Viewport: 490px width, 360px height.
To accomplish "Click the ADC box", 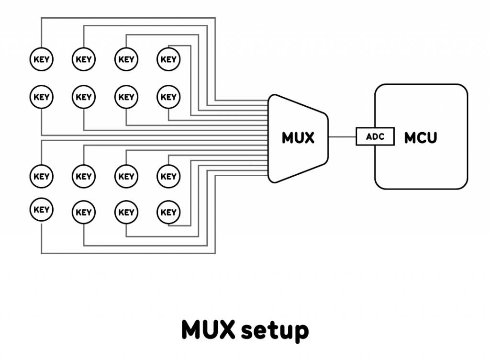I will (375, 137).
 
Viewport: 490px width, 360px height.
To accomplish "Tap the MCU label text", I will (421, 138).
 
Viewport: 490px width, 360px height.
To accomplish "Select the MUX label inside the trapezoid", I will (298, 138).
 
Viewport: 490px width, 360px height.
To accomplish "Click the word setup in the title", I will (274, 330).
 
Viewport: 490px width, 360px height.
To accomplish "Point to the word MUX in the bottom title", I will (208, 330).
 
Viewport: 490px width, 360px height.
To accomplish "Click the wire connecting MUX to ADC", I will (342, 137).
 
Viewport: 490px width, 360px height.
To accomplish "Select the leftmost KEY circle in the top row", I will (42, 60).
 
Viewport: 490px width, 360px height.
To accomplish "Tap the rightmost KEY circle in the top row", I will (168, 60).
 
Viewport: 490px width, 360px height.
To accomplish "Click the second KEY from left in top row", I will (84, 60).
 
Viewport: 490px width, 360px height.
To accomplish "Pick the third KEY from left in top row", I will (126, 60).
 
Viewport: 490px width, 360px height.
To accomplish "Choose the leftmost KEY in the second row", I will (42, 97).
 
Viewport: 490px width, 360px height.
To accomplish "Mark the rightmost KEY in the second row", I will (168, 97).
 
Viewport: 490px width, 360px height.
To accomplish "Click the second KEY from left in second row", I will (84, 97).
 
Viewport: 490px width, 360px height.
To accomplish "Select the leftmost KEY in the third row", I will (42, 176).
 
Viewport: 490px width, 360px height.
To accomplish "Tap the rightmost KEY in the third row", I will (168, 176).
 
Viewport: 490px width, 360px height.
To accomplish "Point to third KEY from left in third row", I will (126, 176).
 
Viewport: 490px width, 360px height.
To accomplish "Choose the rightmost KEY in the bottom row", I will (168, 212).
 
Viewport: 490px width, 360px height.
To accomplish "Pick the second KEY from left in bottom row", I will (84, 212).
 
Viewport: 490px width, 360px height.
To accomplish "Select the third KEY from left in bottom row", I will (126, 212).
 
